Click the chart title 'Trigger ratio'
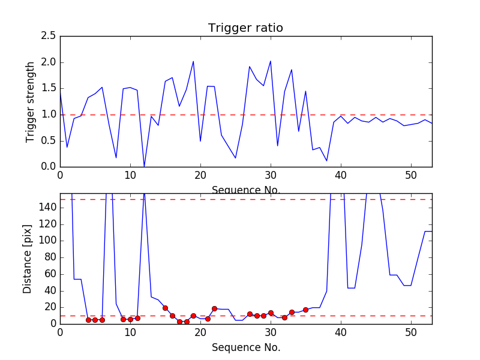pos(245,28)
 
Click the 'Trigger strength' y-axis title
pos(31,101)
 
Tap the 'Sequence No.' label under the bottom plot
pos(245,347)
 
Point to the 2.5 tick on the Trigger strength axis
pos(49,36)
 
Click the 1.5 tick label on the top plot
pos(49,88)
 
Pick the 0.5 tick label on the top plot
pos(49,140)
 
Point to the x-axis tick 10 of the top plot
pos(130,175)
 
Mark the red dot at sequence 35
pos(305,310)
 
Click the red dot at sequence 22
pos(214,308)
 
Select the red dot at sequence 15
pos(165,308)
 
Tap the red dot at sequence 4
pos(88,320)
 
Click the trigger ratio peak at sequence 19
pos(193,61)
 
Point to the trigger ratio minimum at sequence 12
pos(144,166)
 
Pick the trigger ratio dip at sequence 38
pos(326,160)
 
